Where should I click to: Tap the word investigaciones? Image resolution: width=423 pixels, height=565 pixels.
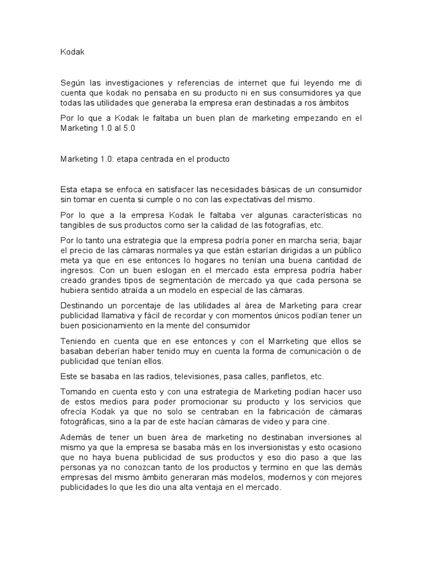135,82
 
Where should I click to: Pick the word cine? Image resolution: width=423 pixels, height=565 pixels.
320,422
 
